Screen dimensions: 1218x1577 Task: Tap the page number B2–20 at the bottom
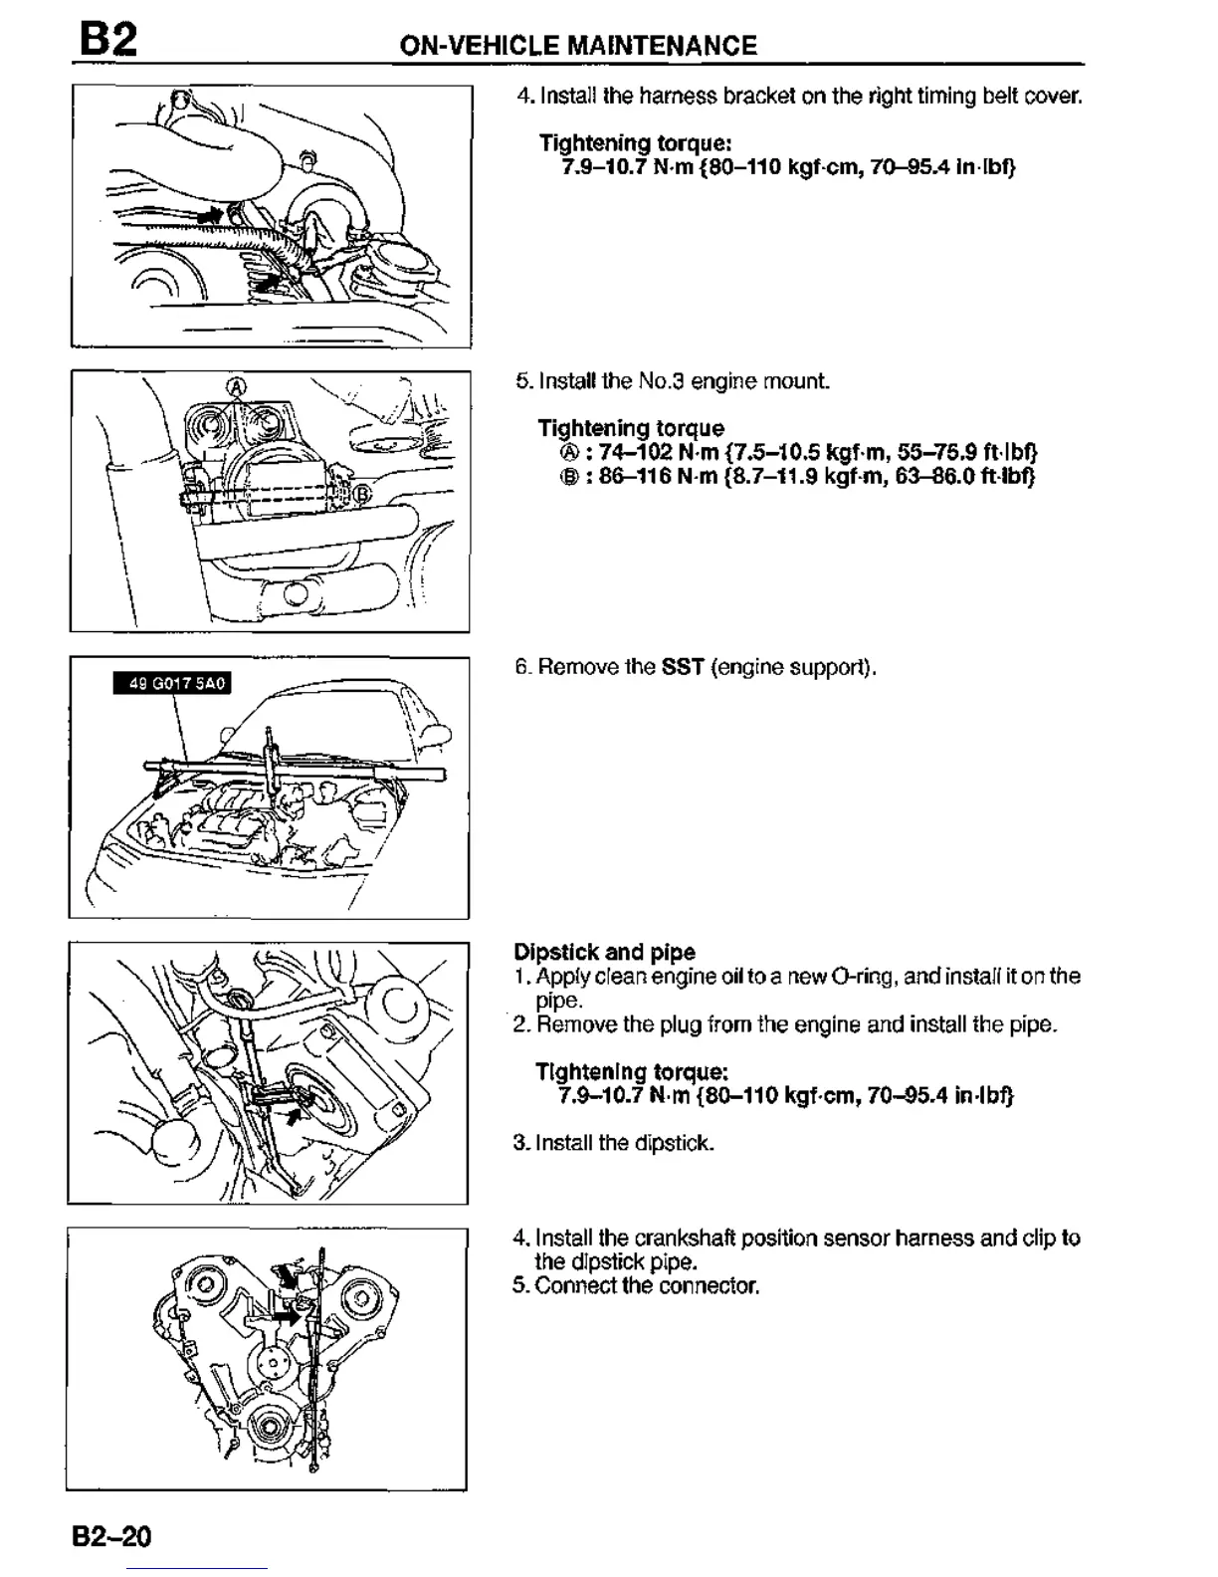click(111, 1536)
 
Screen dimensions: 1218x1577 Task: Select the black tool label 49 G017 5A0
click(171, 683)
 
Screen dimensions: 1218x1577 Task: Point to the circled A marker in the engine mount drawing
click(236, 385)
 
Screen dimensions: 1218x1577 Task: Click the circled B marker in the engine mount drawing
click(362, 492)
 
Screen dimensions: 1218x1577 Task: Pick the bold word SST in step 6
click(683, 667)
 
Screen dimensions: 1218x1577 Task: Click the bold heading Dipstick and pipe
click(604, 952)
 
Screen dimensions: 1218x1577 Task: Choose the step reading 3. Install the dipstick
click(614, 1143)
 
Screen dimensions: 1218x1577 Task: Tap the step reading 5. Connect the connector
click(636, 1286)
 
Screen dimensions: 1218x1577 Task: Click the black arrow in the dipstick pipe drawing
click(295, 1115)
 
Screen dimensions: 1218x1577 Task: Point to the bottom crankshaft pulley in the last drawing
click(267, 1428)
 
